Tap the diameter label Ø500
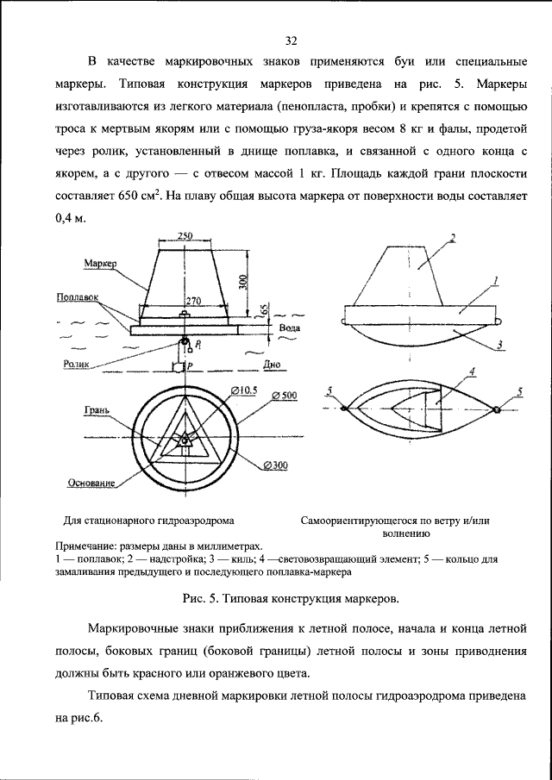pos(284,396)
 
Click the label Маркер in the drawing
pos(100,261)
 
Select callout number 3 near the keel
pos(501,346)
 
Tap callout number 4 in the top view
pos(473,373)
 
